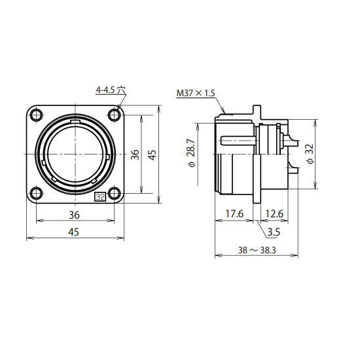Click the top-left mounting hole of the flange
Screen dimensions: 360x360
(x=36, y=115)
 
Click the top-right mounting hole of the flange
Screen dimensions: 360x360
(x=115, y=115)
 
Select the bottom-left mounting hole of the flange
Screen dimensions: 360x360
(x=36, y=193)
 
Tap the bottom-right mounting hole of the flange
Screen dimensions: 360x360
(x=115, y=193)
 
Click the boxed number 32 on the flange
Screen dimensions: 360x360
(x=100, y=197)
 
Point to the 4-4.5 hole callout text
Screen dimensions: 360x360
(x=111, y=90)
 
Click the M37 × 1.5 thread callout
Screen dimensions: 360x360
(x=196, y=93)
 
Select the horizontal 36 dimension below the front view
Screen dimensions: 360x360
(x=74, y=215)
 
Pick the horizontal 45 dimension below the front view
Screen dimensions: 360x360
(x=74, y=232)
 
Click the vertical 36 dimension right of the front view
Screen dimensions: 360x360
(x=135, y=154)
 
